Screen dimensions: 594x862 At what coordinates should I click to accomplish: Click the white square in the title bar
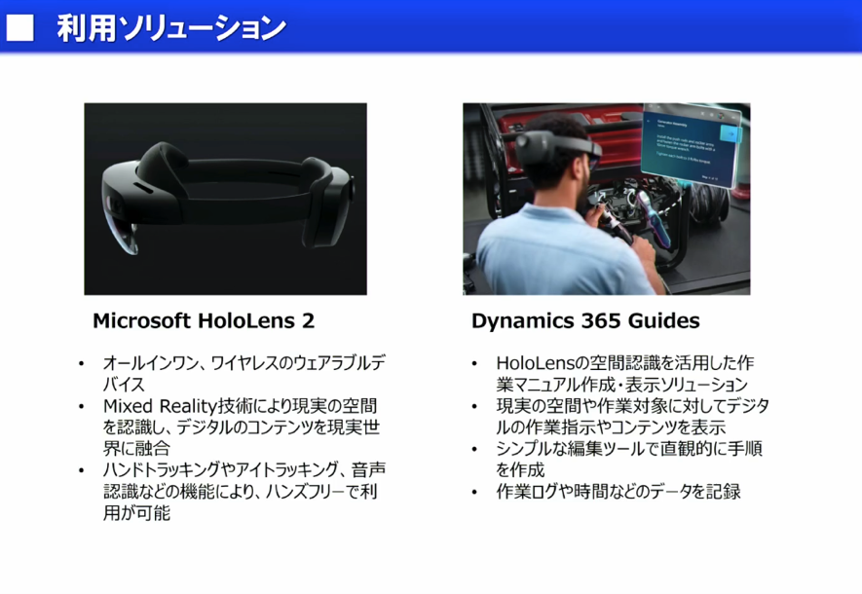(x=20, y=26)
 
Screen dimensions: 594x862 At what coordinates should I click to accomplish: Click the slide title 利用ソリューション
(x=170, y=27)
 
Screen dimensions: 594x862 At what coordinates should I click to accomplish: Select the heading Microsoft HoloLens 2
(x=204, y=320)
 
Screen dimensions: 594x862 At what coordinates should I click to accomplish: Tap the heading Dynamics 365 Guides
(x=585, y=320)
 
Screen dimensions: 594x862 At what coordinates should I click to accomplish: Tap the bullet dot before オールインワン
(x=82, y=363)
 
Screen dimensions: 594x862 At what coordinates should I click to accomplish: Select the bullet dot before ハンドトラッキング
(x=82, y=470)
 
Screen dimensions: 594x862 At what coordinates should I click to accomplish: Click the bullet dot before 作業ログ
(x=474, y=492)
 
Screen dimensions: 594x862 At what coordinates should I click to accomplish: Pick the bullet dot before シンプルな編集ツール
(x=474, y=449)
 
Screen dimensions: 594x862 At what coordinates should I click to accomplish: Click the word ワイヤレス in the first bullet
(x=262, y=362)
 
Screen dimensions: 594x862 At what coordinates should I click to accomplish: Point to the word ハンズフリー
(x=302, y=492)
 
